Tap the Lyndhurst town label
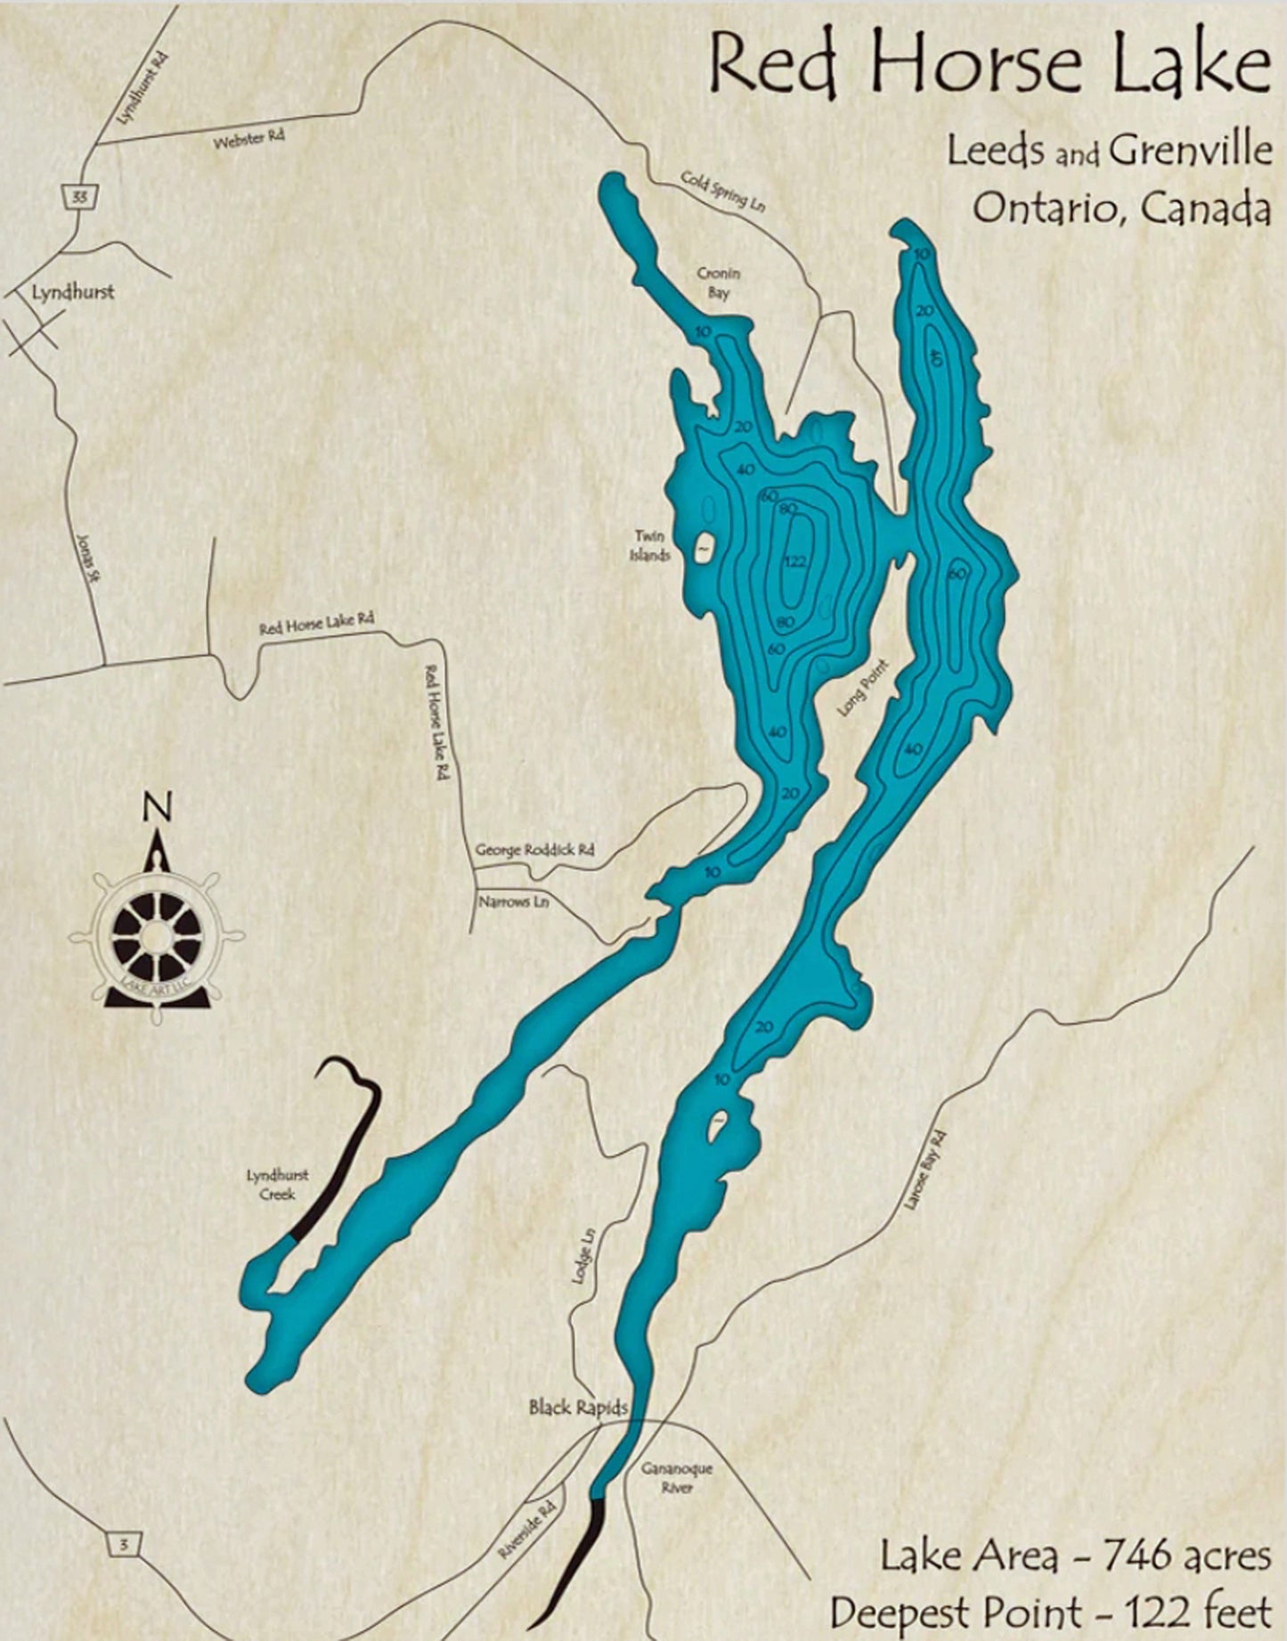(x=73, y=291)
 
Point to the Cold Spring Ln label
(x=723, y=191)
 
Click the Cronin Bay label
(x=719, y=283)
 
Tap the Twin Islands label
(x=650, y=545)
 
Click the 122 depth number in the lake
(x=795, y=561)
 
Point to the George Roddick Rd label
(x=534, y=849)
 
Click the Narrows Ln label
(x=513, y=902)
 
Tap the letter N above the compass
(x=158, y=807)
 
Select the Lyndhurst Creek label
(x=277, y=1185)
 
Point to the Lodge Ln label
(x=582, y=1257)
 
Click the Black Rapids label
(x=577, y=1408)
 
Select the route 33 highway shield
(x=80, y=197)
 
